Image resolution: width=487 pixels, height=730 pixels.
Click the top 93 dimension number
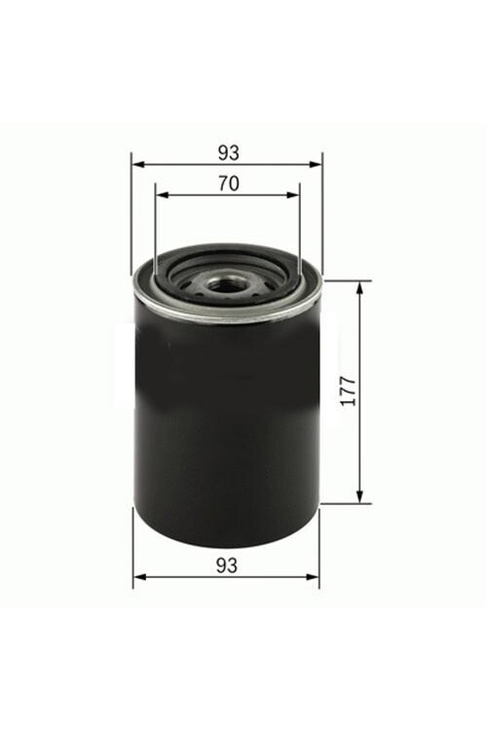click(228, 152)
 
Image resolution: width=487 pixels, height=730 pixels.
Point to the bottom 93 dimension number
click(227, 564)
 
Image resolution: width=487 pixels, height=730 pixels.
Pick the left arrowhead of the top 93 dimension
click(136, 164)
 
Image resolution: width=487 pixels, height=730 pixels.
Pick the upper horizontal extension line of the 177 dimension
click(346, 281)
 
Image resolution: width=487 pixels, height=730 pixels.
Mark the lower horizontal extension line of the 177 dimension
click(346, 503)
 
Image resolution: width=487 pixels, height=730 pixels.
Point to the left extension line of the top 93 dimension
click(131, 214)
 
